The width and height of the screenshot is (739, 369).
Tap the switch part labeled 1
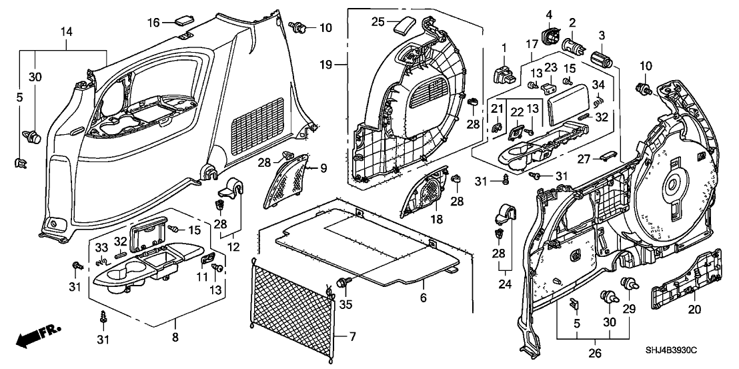click(x=504, y=73)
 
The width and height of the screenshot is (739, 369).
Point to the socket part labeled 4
click(x=553, y=34)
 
